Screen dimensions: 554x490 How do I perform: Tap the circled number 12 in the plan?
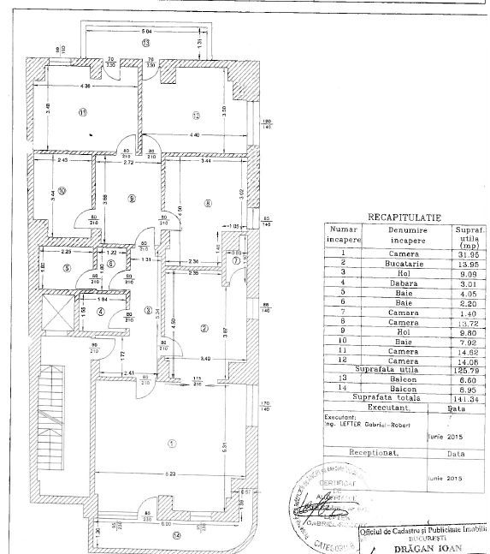(x=195, y=116)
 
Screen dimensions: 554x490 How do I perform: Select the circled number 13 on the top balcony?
(x=145, y=42)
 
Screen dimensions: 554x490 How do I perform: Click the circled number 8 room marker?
(x=207, y=203)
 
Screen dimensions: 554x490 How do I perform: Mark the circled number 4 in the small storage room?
(x=102, y=311)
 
